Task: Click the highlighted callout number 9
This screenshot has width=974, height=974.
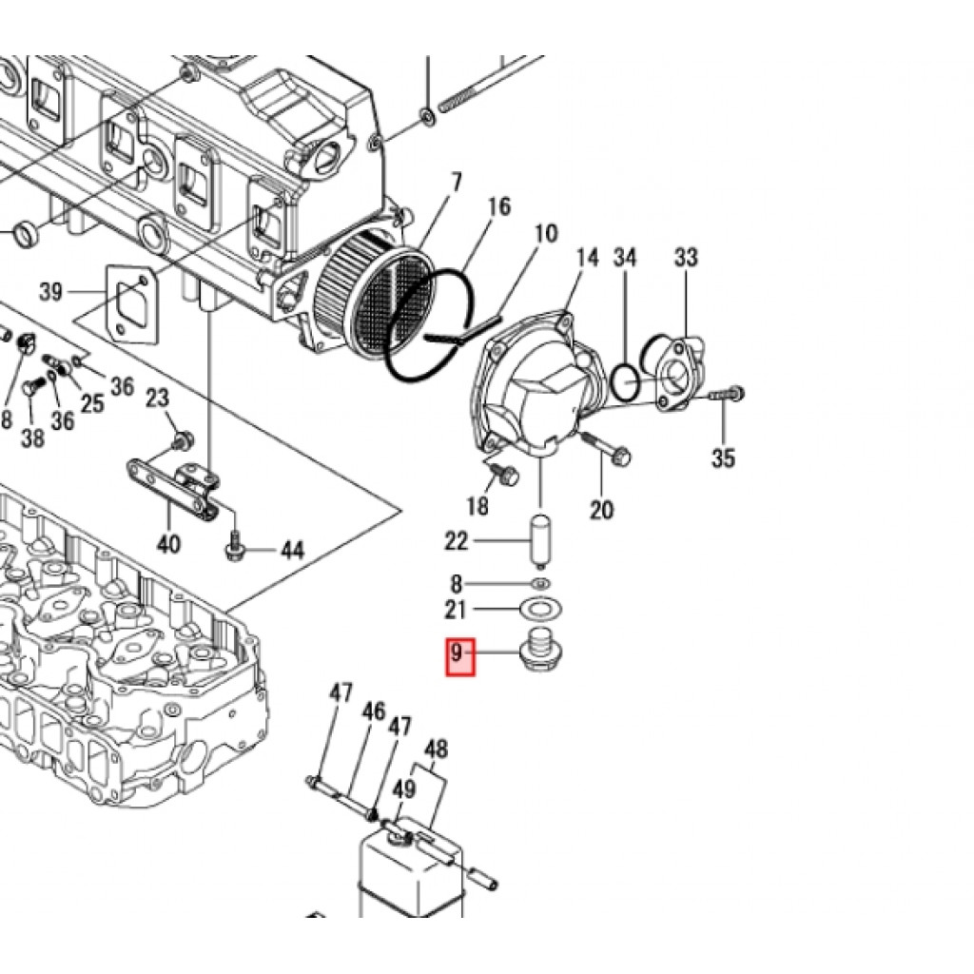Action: pyautogui.click(x=458, y=654)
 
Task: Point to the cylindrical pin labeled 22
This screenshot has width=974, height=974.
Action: pyautogui.click(x=540, y=540)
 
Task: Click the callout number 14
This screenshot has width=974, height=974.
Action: pyautogui.click(x=588, y=258)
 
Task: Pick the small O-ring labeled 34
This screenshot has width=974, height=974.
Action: pyautogui.click(x=625, y=381)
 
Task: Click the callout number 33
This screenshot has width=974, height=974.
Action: pyautogui.click(x=686, y=258)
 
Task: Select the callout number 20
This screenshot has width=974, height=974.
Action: pyautogui.click(x=601, y=511)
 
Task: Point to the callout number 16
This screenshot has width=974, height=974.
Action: pyautogui.click(x=499, y=206)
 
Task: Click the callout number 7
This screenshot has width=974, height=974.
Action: pyautogui.click(x=456, y=181)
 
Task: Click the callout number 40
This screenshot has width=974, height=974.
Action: pyautogui.click(x=168, y=545)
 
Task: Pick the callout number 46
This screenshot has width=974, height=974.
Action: pyautogui.click(x=374, y=711)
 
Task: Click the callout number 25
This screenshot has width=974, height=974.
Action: pyautogui.click(x=92, y=403)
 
